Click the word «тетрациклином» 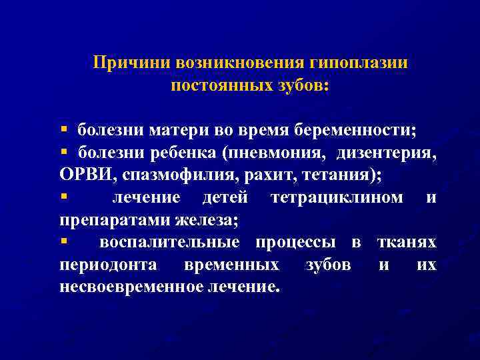pos(337,197)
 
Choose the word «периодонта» pos(109,265)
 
